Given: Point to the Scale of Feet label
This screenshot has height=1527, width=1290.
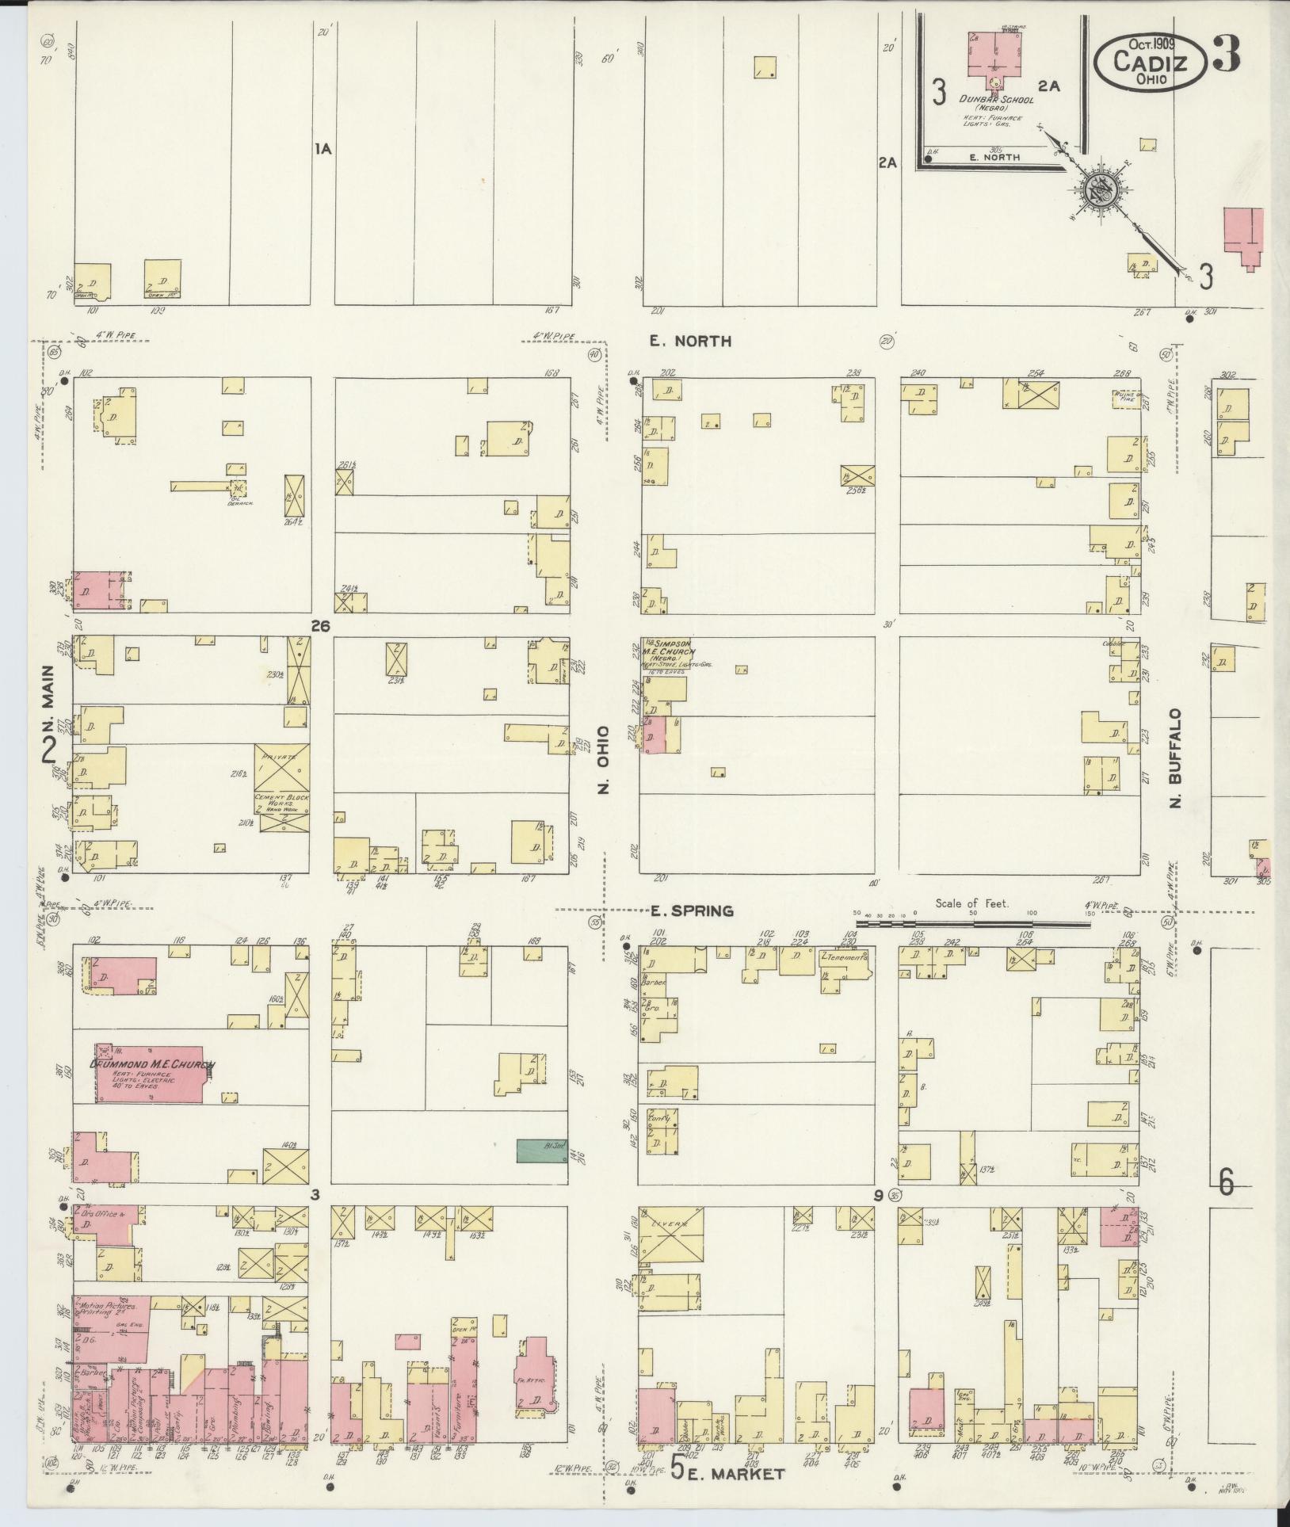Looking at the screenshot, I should tap(971, 903).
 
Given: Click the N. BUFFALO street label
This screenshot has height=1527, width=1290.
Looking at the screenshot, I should tap(1177, 758).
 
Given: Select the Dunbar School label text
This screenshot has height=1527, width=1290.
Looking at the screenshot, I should tap(990, 100).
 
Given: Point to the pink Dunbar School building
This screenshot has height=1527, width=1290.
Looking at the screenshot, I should tap(994, 55).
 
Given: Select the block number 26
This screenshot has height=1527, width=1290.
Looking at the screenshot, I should tap(320, 626).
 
